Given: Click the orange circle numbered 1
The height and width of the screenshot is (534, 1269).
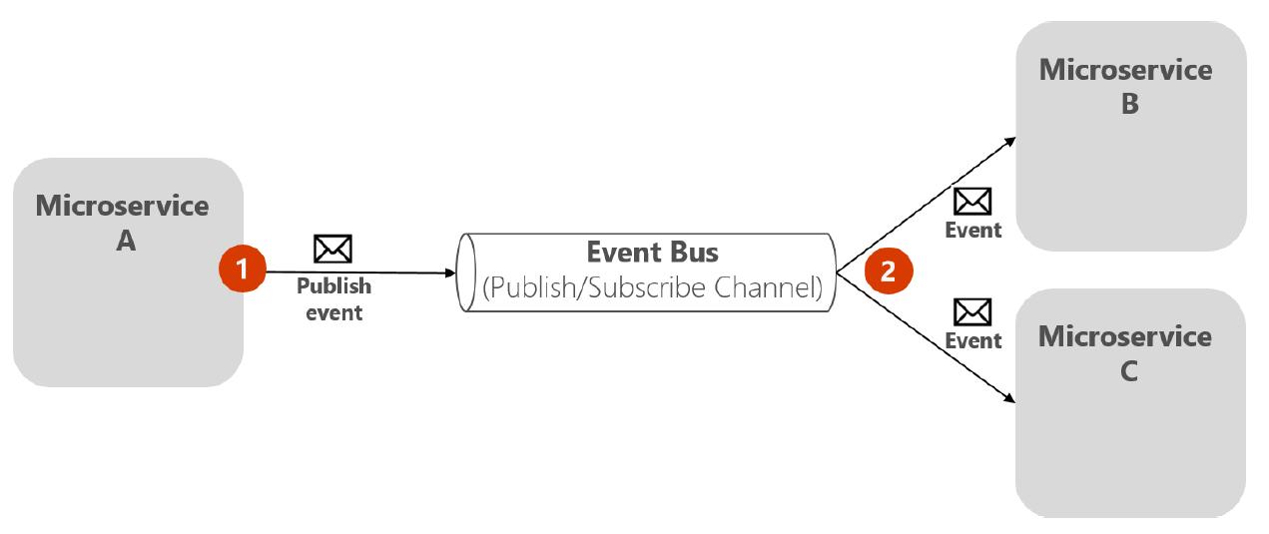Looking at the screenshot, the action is [x=243, y=268].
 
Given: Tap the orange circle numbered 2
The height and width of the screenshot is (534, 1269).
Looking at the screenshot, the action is [x=889, y=270].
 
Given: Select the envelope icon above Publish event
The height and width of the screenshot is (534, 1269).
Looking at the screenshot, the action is [x=332, y=249].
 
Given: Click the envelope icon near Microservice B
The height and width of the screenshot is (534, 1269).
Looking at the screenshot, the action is [x=972, y=201].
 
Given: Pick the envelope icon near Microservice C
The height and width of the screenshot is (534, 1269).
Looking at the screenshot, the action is [x=972, y=312].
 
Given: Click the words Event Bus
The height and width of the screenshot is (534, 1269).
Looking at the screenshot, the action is [x=652, y=252].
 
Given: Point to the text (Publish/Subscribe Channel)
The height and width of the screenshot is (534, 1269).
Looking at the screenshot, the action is [x=652, y=287].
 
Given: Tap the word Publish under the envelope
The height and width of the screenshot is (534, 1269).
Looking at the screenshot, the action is [x=333, y=286].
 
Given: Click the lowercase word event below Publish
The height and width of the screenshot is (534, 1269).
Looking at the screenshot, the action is [x=333, y=313].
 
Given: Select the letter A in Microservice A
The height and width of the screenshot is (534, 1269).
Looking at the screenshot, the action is [x=126, y=241].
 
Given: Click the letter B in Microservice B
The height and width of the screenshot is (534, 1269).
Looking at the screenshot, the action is [x=1129, y=104].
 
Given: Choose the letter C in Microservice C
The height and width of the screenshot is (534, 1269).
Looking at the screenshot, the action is [x=1128, y=371].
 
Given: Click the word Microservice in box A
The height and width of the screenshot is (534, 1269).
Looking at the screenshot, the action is [x=122, y=206].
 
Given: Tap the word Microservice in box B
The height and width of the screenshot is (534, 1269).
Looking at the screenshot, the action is [x=1125, y=70].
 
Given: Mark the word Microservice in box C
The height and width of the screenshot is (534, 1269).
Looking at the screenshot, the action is [x=1125, y=336].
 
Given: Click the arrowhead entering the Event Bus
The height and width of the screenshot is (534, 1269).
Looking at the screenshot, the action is [x=450, y=272].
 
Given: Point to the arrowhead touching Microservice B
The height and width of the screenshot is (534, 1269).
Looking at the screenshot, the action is [x=1009, y=142].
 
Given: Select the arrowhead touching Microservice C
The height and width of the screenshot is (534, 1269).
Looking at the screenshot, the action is [x=1009, y=398].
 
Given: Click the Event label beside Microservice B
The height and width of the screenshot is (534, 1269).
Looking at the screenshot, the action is [x=972, y=231].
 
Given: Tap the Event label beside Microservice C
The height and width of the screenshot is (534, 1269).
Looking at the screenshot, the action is [x=972, y=341].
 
